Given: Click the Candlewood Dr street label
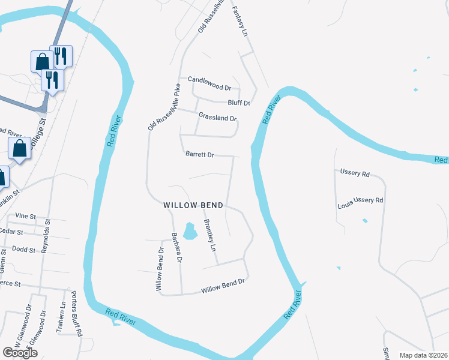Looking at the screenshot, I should pos(209,79).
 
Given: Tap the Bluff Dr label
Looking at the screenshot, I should pos(238,103).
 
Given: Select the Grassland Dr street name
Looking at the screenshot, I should pos(218,118).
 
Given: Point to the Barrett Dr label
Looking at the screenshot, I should pos(200,154).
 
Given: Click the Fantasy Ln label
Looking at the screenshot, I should pos(240,21).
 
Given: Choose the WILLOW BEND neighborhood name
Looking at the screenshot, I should pos(193,205).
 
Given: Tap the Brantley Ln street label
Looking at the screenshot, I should pos(209,235).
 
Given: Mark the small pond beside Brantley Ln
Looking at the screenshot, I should pos(190,231).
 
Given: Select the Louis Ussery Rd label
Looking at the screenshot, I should pos(360,202).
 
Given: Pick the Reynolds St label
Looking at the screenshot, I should pos(47,236).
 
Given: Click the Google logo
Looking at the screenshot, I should pos(19,353).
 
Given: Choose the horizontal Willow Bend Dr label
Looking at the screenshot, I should pos(223,289).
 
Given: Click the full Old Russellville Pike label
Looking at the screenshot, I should pos(164,108).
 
